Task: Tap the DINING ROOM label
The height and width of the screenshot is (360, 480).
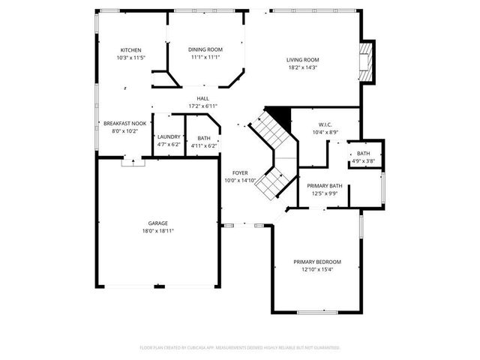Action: [x=205, y=50]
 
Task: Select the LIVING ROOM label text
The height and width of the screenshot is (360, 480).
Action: [x=303, y=60]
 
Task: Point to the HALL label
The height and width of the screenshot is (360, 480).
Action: [x=202, y=98]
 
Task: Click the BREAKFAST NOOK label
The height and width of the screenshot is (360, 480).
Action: [x=125, y=123]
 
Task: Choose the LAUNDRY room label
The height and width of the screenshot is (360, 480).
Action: [x=169, y=137]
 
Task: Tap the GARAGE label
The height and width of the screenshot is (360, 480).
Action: [x=157, y=223]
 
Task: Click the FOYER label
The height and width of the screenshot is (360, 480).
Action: [x=240, y=172]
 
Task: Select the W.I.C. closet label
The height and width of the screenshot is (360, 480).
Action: [x=325, y=124]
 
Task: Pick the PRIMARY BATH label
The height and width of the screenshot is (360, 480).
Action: [x=325, y=186]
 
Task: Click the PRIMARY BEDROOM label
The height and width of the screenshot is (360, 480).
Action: [x=317, y=262]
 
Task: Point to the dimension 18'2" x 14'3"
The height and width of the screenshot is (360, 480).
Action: [x=303, y=67]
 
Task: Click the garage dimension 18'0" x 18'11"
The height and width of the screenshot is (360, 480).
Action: [x=157, y=231]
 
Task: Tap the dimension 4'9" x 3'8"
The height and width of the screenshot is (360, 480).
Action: [x=363, y=160]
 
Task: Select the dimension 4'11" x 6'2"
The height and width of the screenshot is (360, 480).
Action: [x=204, y=145]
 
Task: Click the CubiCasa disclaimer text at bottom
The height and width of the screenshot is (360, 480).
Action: [x=240, y=348]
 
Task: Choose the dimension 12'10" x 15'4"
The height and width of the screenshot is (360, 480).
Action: [x=317, y=269]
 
